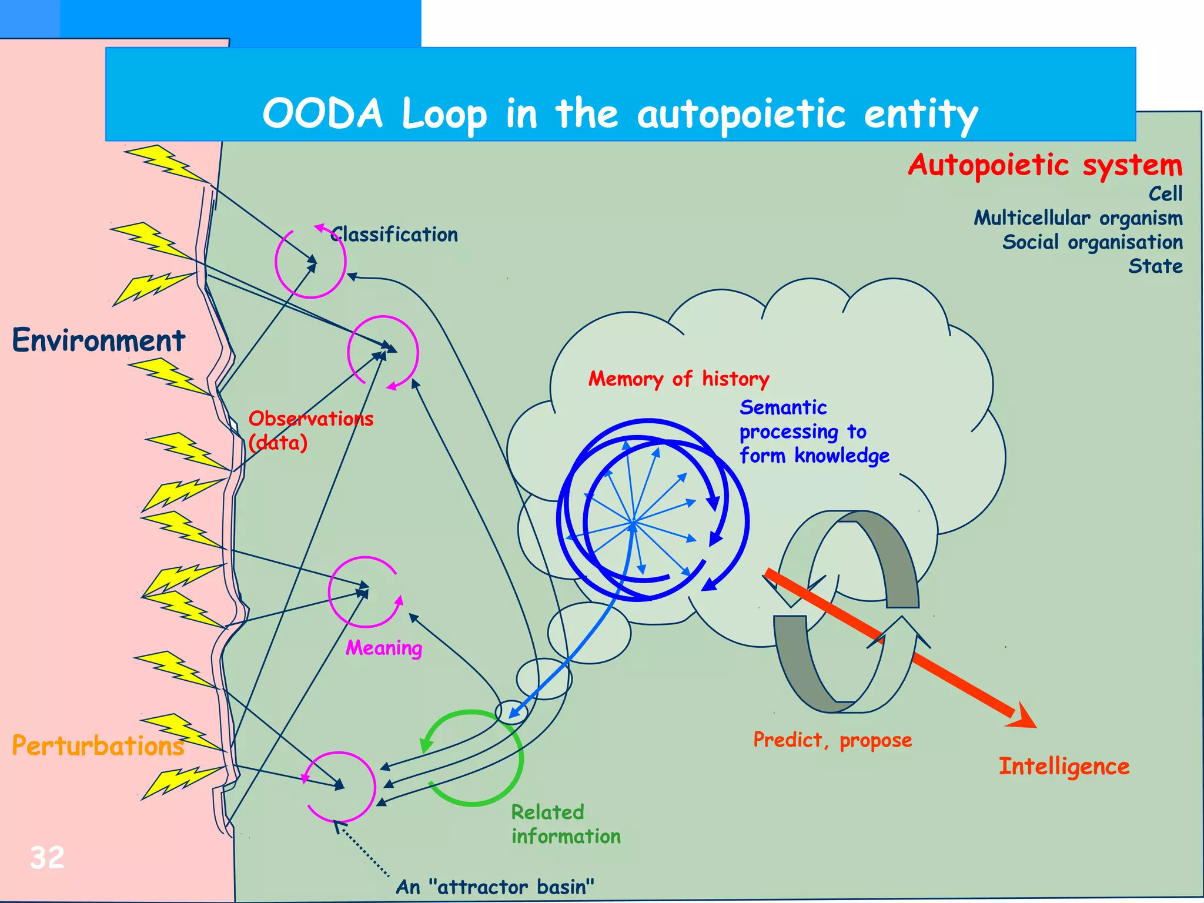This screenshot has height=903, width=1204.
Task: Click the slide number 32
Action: coord(47,858)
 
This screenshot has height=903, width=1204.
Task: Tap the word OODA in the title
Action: coord(323,113)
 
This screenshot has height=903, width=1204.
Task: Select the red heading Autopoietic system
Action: coord(1045,165)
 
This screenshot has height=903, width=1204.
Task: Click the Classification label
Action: coord(394,235)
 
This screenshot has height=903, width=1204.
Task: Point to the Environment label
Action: coord(98,340)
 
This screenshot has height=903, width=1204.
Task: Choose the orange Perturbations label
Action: coord(98,746)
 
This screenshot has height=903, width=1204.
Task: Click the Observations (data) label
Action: coord(310,430)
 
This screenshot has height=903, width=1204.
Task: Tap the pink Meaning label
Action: coord(384,648)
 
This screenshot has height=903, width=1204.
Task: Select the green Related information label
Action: coord(566,824)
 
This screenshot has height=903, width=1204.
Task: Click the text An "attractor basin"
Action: coord(495,887)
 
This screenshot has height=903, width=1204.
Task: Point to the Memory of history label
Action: coord(679,379)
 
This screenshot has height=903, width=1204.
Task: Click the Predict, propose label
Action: coord(832,740)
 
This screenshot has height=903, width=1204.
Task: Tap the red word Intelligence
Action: coord(1064,767)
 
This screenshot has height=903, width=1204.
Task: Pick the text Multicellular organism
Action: coord(1078,218)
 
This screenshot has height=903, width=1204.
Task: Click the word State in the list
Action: coord(1155,266)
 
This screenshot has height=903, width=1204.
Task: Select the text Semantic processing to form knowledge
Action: coord(814,432)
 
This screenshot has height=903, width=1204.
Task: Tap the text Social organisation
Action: coord(1092,242)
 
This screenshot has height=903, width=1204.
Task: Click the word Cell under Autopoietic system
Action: coord(1165,194)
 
